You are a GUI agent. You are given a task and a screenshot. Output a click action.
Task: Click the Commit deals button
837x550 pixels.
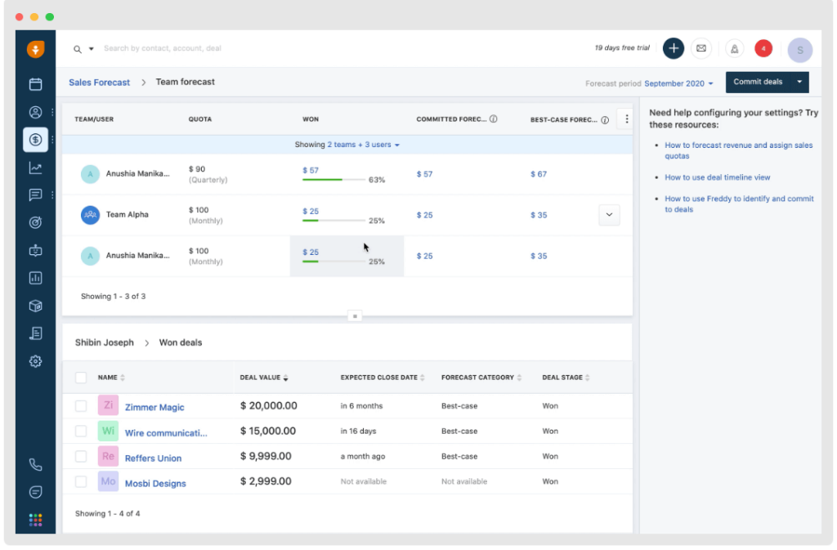758,83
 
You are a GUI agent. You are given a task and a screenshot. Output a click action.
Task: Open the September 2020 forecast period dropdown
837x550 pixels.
678,83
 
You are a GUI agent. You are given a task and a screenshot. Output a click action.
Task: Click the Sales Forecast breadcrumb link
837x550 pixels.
99,83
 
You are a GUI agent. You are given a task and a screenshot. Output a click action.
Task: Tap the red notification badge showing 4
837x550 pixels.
763,48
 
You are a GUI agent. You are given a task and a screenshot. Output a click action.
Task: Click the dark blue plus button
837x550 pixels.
674,48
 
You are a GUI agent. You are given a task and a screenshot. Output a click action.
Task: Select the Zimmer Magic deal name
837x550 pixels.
154,407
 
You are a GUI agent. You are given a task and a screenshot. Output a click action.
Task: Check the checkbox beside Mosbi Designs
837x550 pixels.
81,481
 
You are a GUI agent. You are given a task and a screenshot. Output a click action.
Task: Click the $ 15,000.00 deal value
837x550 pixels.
268,431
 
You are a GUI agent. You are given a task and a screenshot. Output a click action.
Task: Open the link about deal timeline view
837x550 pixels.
717,177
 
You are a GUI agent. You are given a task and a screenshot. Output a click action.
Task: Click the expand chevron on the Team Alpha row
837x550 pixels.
609,215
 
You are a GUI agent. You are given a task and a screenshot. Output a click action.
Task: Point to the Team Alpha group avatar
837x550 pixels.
90,215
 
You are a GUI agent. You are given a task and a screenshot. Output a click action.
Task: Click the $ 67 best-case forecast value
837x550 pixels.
539,174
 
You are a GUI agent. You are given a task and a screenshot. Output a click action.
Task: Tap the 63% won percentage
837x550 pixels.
377,180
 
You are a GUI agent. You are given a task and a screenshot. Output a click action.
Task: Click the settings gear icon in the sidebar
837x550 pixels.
35,361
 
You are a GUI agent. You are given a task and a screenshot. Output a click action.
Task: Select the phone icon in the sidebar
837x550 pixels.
35,465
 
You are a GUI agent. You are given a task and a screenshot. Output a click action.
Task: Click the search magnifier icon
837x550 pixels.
78,49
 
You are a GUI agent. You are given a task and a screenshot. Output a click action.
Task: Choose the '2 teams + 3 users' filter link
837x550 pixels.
360,145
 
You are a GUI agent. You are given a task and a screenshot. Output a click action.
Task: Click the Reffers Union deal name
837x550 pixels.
153,458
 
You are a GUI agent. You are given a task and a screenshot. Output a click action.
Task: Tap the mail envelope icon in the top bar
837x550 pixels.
701,48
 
